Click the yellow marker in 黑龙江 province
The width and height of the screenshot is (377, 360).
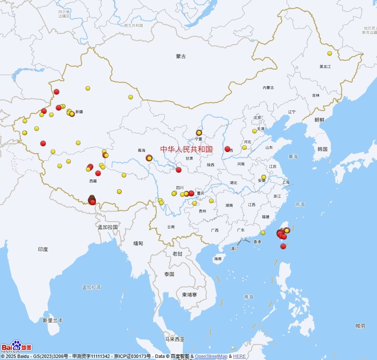(x=330, y=53)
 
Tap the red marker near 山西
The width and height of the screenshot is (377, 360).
(x=228, y=149)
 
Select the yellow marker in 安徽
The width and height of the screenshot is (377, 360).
(x=264, y=177)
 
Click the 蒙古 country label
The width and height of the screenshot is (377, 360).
(x=181, y=56)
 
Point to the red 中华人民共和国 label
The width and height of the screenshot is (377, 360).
(x=186, y=149)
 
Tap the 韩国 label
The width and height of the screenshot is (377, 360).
(x=322, y=149)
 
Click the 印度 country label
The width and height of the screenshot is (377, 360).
(x=43, y=249)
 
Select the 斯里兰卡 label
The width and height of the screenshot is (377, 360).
(x=52, y=320)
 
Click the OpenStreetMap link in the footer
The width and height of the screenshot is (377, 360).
(x=211, y=357)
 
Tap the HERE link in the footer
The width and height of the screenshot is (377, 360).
(x=239, y=357)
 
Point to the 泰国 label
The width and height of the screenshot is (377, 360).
(x=169, y=274)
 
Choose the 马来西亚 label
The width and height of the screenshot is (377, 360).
(x=175, y=339)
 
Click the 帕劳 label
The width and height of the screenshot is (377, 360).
(x=360, y=326)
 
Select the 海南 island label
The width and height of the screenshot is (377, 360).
(x=217, y=259)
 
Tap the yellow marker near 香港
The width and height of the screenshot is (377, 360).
(x=263, y=233)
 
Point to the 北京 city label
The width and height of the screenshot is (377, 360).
(x=257, y=118)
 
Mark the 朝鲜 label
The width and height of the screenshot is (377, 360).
(x=319, y=120)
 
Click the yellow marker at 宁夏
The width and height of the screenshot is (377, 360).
(x=199, y=133)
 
